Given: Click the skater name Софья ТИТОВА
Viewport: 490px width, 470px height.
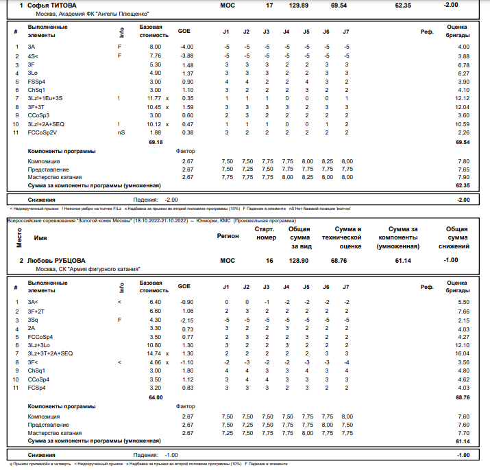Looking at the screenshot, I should pos(51,5).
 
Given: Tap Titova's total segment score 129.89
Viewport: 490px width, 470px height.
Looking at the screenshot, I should pos(299,5).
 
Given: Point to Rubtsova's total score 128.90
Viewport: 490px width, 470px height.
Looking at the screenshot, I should pos(299,261).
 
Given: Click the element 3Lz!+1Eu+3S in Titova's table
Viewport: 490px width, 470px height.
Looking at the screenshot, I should pos(45,98).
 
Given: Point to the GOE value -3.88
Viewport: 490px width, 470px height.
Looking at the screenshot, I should pos(186,56).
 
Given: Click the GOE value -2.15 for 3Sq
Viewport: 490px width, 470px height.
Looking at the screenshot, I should pos(186,320).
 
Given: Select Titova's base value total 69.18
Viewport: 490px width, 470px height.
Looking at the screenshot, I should pos(156,142).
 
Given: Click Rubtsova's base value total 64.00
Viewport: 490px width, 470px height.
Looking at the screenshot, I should pos(156,397).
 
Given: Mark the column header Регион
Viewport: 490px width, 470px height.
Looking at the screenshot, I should pos(228,236).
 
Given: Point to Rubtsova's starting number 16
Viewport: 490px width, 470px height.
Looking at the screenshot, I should pos(269,261).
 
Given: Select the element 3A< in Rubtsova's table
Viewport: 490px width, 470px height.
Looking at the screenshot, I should pos(33,302).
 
